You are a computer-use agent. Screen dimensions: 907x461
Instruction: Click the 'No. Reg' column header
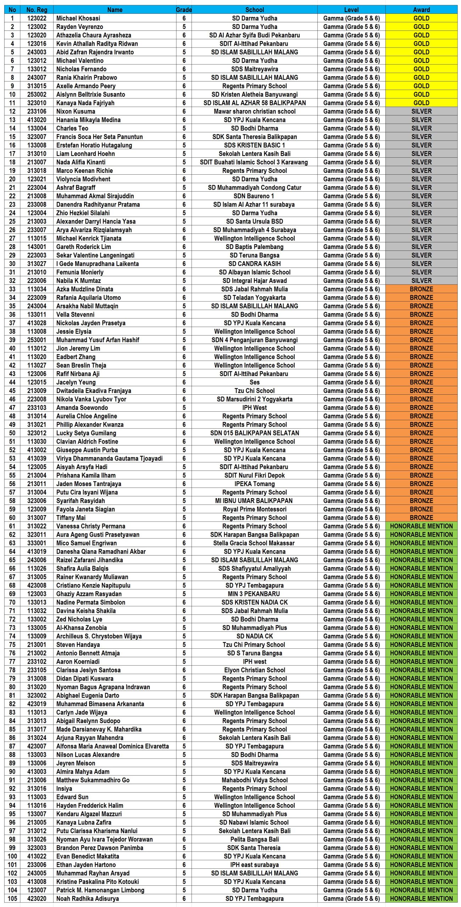(x=37, y=10)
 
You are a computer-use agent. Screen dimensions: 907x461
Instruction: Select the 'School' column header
(x=254, y=10)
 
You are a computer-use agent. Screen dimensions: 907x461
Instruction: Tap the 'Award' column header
(x=421, y=10)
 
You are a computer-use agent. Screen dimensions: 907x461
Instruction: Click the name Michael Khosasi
(x=78, y=18)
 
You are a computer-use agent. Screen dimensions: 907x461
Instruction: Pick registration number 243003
(x=37, y=52)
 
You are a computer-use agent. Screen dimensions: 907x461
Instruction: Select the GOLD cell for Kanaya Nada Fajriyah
(x=421, y=103)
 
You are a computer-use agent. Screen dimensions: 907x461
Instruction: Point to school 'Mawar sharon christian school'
(x=254, y=111)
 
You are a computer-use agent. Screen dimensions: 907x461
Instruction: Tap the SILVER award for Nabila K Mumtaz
(x=421, y=281)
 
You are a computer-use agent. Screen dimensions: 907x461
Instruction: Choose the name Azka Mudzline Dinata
(x=85, y=289)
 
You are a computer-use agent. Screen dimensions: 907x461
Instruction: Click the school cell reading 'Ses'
(x=254, y=382)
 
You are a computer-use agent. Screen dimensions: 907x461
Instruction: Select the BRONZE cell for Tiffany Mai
(x=421, y=518)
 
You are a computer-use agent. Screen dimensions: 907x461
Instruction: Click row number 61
(x=12, y=526)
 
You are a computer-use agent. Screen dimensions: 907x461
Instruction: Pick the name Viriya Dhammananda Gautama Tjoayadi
(x=109, y=458)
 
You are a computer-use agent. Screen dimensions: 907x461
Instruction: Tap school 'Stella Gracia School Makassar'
(x=254, y=543)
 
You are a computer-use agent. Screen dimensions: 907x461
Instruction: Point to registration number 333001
(x=37, y=543)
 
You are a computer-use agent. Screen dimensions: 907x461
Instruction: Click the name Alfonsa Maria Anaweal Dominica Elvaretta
(x=112, y=746)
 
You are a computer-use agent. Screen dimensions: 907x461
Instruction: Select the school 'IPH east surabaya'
(x=254, y=864)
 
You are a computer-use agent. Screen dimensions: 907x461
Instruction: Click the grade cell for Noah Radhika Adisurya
(x=184, y=898)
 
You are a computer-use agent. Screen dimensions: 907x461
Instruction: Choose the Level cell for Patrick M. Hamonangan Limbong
(x=351, y=890)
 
